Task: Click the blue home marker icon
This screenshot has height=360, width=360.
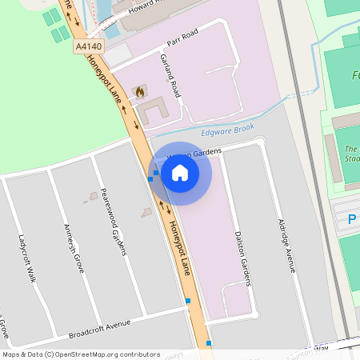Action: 180,173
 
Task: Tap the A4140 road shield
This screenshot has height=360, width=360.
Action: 90,46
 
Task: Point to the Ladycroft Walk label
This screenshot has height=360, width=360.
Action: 27,258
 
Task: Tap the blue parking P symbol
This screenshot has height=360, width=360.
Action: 351,219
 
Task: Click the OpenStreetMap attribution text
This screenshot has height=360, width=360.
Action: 80,354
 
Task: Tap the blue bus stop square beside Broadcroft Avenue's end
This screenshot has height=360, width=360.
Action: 188,301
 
